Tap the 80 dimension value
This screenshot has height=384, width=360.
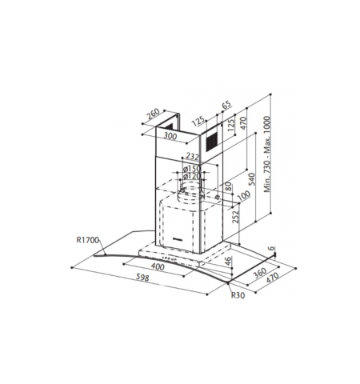(228, 186)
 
